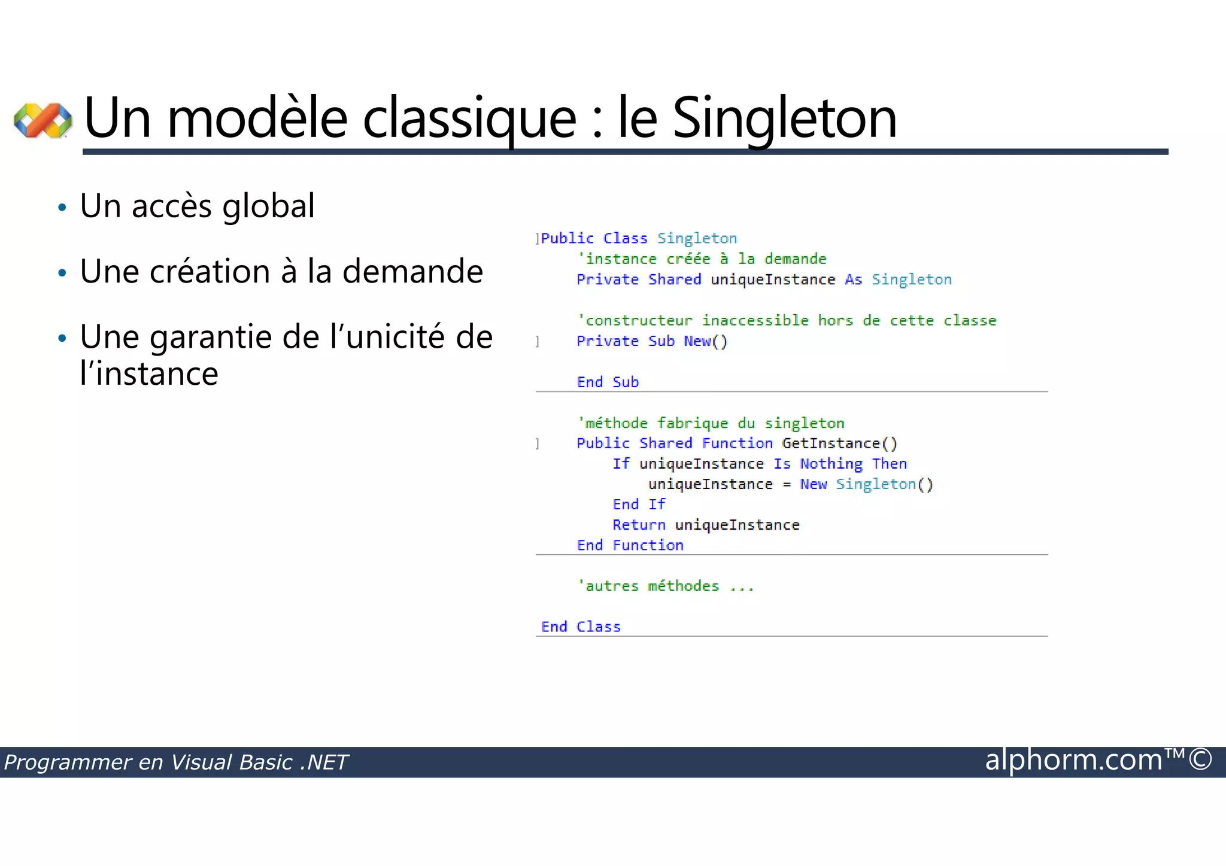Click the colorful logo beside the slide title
coord(43,120)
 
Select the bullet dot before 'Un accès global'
coord(62,208)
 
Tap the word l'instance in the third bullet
coord(149,374)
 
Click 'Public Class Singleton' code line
coord(639,238)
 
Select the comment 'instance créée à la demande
coord(702,259)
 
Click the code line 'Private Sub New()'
coord(652,341)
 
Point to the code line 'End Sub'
coord(608,382)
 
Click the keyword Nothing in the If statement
coord(831,464)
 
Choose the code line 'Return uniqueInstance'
coord(706,525)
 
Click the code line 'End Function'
coord(630,545)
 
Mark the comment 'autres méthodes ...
coord(665,586)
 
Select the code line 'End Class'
coord(581,627)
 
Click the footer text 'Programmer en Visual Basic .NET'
coord(176,762)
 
